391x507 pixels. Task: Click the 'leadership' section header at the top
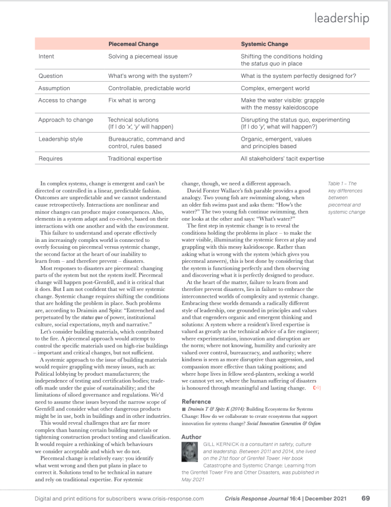click(x=342, y=18)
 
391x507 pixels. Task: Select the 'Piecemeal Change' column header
click(x=133, y=44)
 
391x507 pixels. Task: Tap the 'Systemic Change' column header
click(x=264, y=44)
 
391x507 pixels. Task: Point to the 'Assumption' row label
click(x=54, y=88)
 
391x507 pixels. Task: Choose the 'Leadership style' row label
click(x=60, y=139)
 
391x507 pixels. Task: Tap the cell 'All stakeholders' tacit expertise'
click(x=283, y=159)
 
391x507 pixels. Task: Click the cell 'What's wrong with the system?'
click(x=150, y=76)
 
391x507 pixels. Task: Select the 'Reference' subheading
click(x=196, y=401)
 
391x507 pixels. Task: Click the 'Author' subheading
click(x=192, y=437)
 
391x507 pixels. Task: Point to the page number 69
click(x=365, y=498)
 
